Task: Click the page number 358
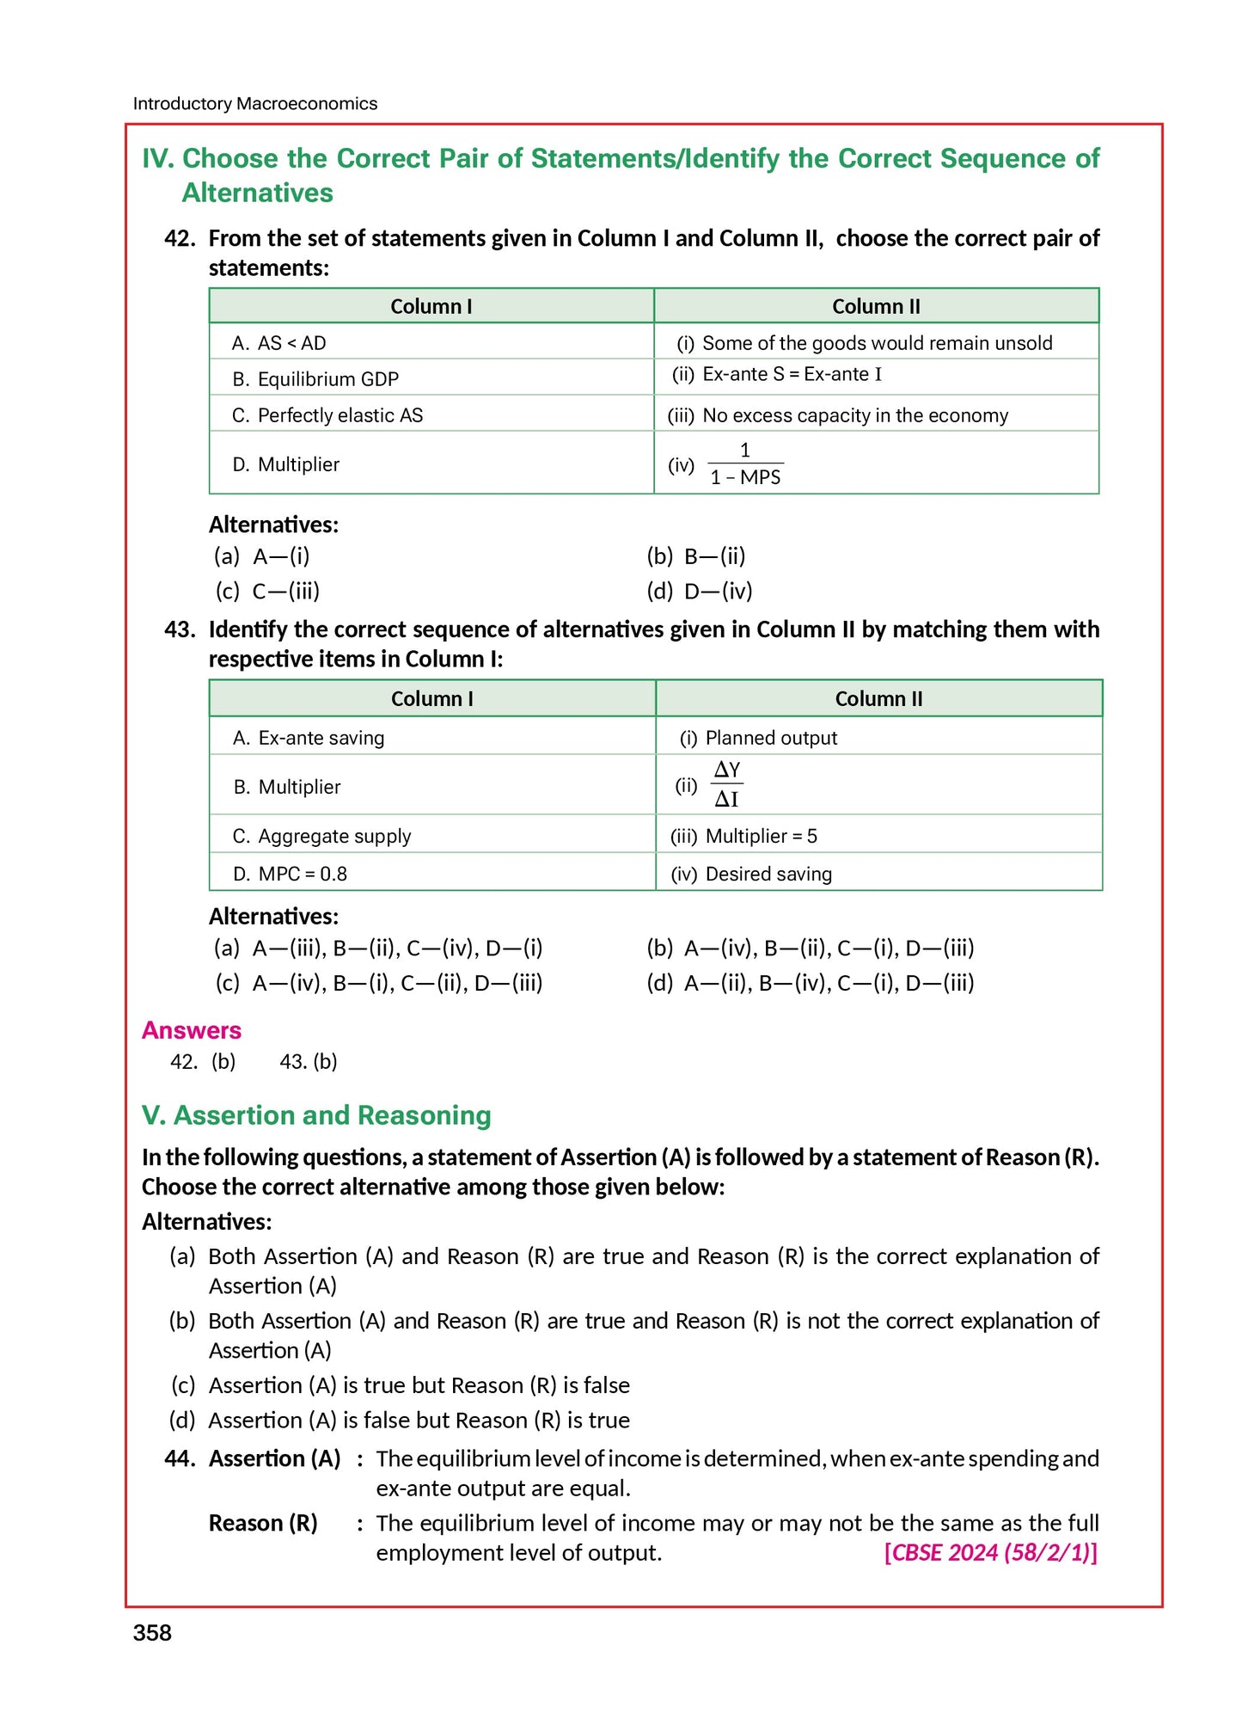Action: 152,1633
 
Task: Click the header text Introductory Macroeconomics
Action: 254,103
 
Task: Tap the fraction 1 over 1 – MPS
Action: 744,464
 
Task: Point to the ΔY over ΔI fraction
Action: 726,784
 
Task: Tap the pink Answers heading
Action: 191,1030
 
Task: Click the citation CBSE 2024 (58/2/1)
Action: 990,1552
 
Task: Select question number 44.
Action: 180,1458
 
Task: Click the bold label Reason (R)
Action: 263,1523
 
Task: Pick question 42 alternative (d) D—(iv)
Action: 700,592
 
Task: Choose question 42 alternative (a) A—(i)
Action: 262,556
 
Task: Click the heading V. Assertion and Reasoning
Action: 316,1115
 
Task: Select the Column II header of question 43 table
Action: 878,699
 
